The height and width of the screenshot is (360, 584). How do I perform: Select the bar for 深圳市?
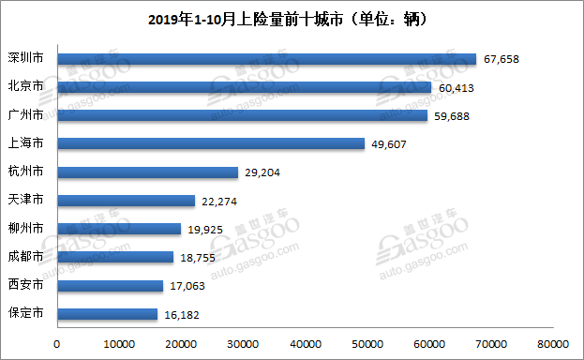coord(267,59)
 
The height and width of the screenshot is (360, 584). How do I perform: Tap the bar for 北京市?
coord(245,87)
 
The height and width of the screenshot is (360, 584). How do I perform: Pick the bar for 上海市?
coord(211,143)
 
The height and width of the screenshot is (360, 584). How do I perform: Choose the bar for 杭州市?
coord(148,172)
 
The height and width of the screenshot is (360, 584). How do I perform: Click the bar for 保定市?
coord(108,314)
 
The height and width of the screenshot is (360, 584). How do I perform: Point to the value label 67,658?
coord(501,59)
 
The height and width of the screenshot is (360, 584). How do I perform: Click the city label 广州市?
coord(24,115)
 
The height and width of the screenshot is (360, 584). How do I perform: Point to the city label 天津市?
coord(24,201)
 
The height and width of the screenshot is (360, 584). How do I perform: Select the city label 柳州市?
coord(24,229)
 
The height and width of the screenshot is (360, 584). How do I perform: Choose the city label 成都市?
coord(24,257)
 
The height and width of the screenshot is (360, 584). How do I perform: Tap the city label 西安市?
coord(24,285)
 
